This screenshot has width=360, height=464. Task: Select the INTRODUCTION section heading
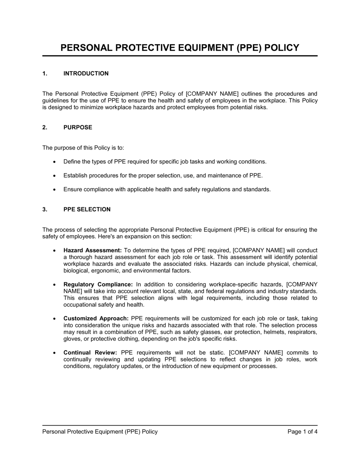pyautogui.click(x=86, y=74)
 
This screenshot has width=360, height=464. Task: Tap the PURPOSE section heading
pyautogui.click(x=78, y=127)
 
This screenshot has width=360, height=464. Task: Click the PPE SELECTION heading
pyautogui.click(x=87, y=209)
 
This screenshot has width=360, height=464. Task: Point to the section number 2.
pyautogui.click(x=45, y=127)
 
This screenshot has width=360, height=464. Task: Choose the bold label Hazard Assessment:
pyautogui.click(x=93, y=250)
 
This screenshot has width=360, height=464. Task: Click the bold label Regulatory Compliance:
pyautogui.click(x=98, y=285)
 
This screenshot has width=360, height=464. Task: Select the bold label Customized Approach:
pyautogui.click(x=96, y=319)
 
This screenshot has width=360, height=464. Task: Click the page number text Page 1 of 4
pyautogui.click(x=302, y=432)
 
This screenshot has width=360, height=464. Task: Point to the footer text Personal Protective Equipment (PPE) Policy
pyautogui.click(x=100, y=432)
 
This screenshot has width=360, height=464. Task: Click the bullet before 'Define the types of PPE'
pyautogui.click(x=54, y=162)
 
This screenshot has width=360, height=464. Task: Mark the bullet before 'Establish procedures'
pyautogui.click(x=54, y=176)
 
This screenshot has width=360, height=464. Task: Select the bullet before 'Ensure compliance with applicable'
pyautogui.click(x=54, y=190)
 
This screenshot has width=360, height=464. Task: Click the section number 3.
pyautogui.click(x=45, y=209)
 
